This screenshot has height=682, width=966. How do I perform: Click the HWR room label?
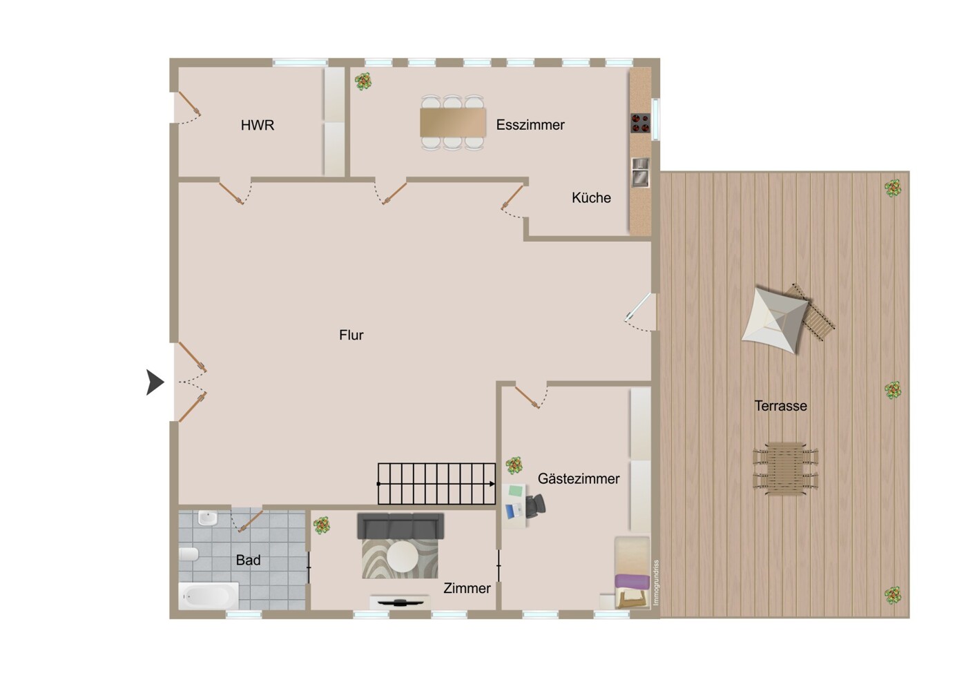[257, 125]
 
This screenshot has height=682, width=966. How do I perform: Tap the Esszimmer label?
[530, 125]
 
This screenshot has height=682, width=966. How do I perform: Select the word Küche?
[591, 197]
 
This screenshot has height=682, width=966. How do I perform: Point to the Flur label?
[351, 335]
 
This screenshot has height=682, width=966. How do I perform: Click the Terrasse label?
[780, 406]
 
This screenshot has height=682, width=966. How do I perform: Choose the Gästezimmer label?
[578, 478]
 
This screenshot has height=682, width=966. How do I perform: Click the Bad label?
[248, 560]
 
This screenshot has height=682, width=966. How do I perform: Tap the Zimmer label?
[467, 588]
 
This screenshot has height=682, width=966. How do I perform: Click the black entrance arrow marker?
[155, 382]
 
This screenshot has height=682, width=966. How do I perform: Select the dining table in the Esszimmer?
[452, 123]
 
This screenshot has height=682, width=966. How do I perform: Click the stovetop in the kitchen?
[640, 123]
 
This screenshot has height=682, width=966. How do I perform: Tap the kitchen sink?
[640, 172]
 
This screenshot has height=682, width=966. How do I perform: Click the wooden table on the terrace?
[785, 469]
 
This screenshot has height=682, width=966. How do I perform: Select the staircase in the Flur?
[436, 484]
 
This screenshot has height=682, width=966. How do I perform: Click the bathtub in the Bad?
[209, 596]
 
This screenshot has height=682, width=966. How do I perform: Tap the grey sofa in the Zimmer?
[400, 526]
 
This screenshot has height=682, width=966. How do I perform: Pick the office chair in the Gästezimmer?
[535, 506]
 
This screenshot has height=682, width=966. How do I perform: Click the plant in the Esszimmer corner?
[363, 81]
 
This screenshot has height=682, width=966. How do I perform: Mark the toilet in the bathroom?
[189, 554]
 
